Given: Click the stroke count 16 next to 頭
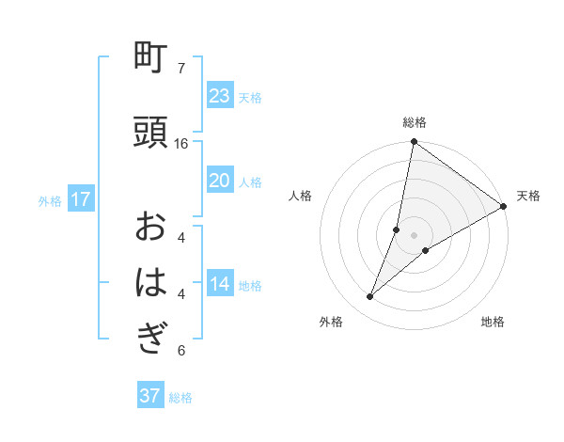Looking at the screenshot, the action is coord(181,144).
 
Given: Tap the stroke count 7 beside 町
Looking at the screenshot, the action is coord(181,69).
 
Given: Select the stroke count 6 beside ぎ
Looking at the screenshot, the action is coord(181,351).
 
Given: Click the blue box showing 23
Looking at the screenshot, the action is coord(219,96).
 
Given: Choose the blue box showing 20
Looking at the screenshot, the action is coord(219,181).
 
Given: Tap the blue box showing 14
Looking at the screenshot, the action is coord(219,285).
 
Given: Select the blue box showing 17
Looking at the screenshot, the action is coord(80,199).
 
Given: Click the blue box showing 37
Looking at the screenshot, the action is coord(149,396).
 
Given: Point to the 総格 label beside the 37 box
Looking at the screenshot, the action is coord(180,398).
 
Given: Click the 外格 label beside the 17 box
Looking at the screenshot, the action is coord(50,200).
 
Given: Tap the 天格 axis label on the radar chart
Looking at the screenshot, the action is coord(528,196).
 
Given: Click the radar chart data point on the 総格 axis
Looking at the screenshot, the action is coord(414,142).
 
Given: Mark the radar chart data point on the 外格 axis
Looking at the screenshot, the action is coord(370,297).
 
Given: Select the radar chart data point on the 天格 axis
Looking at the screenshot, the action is coord(503,207).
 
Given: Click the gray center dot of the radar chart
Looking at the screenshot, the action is coord(414,234).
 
